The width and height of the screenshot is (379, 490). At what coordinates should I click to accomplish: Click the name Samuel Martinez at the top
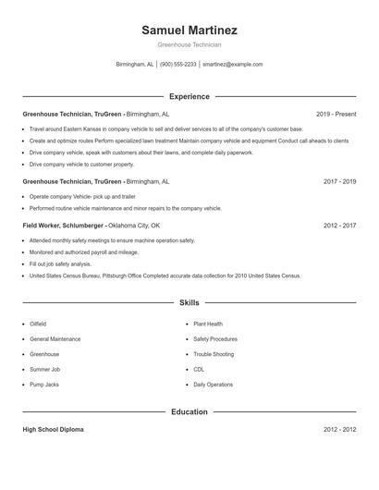point(189,30)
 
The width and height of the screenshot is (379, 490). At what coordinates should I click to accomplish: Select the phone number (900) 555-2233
point(178,65)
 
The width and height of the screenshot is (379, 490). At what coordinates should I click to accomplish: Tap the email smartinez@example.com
point(232,65)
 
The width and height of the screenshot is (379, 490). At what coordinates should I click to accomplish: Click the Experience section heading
point(189,96)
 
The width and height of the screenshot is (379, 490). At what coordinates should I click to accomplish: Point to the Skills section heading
point(189,302)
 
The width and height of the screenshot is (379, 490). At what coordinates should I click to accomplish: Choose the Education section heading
point(189,411)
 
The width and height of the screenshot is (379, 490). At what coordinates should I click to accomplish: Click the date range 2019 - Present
point(336,114)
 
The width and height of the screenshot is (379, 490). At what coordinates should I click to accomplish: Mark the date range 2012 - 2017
point(339,226)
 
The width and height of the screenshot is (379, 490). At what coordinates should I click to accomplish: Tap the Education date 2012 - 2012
point(339,430)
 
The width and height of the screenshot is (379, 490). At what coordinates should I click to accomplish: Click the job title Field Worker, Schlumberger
point(63,226)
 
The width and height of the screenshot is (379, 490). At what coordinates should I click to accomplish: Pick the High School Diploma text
point(55,430)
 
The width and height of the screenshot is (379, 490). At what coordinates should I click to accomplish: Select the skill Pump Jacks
point(43,384)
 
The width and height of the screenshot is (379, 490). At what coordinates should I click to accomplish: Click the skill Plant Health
point(208,325)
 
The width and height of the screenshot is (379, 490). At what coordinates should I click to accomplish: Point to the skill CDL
point(199,369)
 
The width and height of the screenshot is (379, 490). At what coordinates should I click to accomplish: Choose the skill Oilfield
point(38,325)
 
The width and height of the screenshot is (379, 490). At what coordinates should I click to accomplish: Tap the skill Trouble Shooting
point(214,354)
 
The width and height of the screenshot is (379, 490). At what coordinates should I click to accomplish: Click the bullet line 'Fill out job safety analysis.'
point(60,263)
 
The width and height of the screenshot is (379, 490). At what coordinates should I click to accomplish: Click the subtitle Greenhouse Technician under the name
point(189,44)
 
